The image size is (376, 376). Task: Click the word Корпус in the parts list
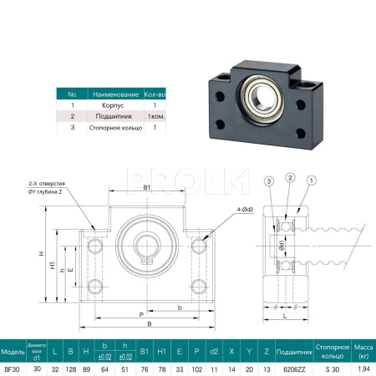pos(114,106)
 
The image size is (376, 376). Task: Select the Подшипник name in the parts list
pos(114,117)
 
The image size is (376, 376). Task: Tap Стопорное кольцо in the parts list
pos(114,129)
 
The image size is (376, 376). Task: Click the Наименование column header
pos(114,94)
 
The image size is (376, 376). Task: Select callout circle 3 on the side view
pos(269,180)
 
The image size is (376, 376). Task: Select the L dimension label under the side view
pos(285,317)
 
